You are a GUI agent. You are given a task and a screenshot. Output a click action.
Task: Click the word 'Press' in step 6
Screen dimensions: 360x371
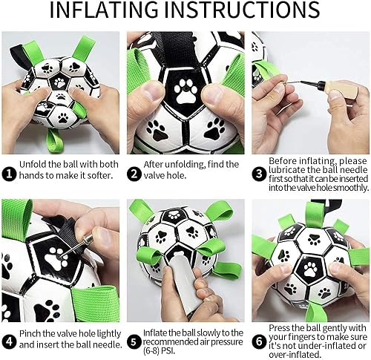pyautogui.click(x=282, y=327)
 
